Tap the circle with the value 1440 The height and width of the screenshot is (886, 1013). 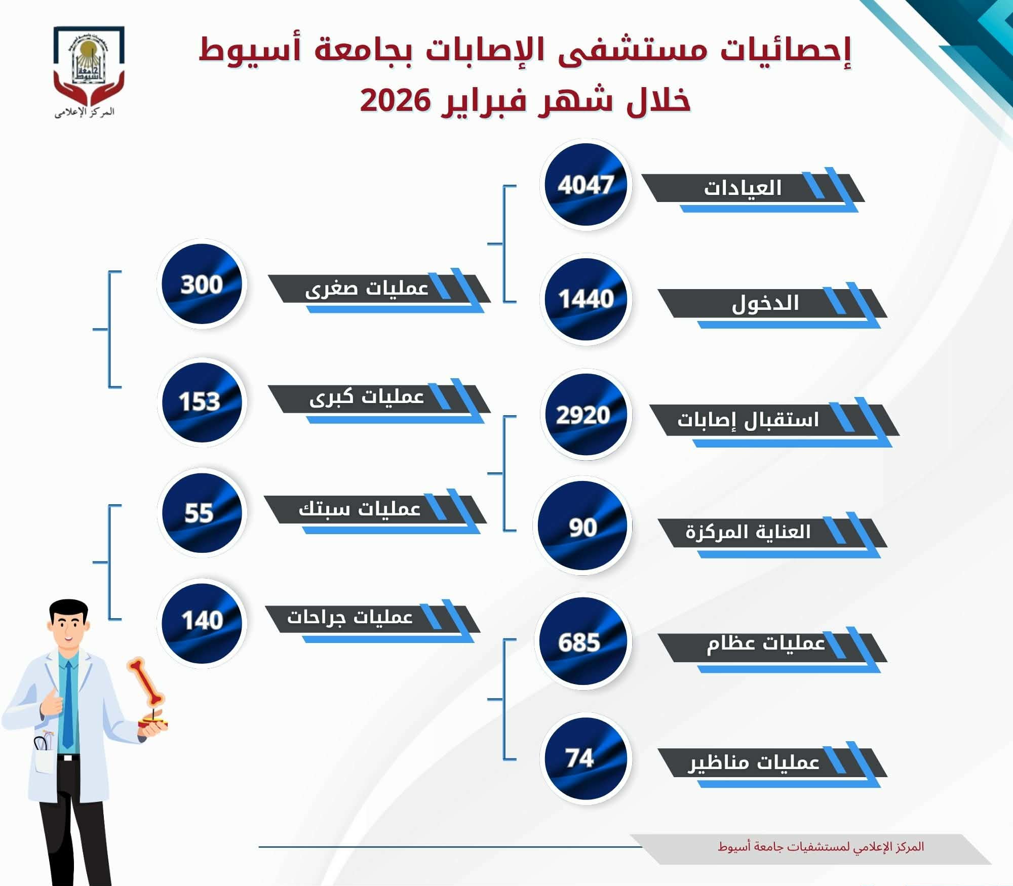coord(586,299)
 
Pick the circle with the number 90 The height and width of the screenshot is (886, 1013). coord(582,527)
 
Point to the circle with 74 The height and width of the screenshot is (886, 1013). coord(586,758)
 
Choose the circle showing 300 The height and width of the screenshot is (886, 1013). coord(202,284)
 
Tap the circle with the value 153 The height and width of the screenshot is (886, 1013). coord(202,402)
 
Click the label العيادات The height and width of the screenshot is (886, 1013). coord(743,188)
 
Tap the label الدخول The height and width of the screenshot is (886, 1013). coord(765,303)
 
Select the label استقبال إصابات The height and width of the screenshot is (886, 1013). coord(748,420)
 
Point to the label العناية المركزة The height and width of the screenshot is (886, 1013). coord(748,532)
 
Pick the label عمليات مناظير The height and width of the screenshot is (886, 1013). coord(754,762)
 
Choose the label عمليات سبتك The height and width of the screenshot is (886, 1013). coord(360,508)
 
